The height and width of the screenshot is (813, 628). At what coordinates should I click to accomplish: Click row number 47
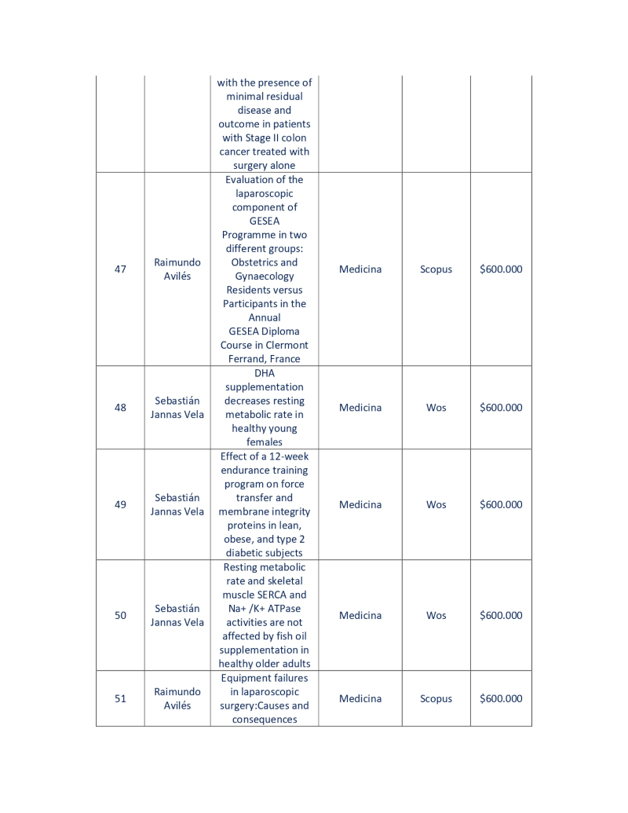click(120, 269)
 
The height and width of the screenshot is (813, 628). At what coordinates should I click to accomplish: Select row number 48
click(120, 408)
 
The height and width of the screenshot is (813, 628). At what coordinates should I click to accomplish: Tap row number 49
click(120, 505)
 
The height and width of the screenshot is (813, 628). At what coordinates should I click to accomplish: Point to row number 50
click(120, 616)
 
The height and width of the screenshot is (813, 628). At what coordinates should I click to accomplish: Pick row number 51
click(120, 699)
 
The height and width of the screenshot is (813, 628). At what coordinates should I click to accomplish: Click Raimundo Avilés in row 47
click(177, 269)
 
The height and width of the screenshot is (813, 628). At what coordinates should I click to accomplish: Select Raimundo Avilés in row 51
click(177, 699)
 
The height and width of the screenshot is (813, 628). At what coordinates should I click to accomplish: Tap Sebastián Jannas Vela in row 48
click(177, 408)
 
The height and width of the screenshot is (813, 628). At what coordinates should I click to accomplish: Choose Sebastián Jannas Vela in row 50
click(177, 616)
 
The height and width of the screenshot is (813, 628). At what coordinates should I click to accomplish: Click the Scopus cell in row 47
click(436, 269)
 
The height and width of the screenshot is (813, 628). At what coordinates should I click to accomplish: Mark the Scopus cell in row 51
click(436, 699)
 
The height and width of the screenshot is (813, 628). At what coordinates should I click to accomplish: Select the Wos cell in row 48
click(436, 408)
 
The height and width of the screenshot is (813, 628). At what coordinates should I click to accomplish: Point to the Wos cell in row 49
click(436, 505)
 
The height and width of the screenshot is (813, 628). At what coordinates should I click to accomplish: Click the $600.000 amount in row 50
click(501, 616)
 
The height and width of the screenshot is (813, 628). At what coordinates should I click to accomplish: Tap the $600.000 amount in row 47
click(501, 269)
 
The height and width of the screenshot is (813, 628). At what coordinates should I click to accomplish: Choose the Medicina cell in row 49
click(360, 505)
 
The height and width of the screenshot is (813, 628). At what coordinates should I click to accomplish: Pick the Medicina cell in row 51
click(360, 699)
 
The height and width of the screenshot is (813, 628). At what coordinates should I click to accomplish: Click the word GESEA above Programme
click(265, 222)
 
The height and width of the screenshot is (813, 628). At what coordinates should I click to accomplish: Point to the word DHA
click(265, 373)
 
